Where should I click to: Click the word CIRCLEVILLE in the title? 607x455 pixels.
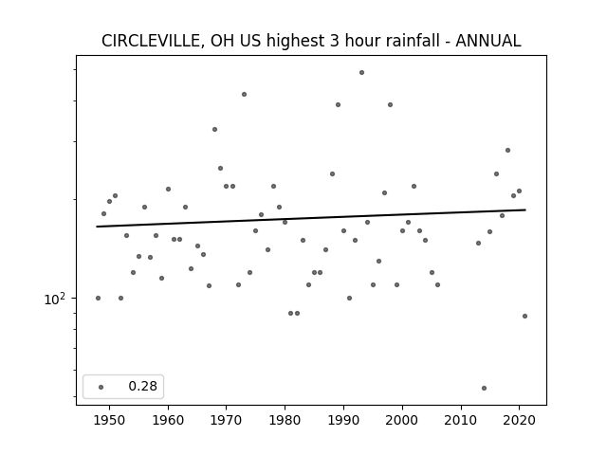[x=150, y=41]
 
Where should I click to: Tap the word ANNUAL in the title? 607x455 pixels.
[x=488, y=41]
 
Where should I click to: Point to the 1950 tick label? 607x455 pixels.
[x=110, y=420]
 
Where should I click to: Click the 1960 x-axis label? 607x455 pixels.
[x=168, y=420]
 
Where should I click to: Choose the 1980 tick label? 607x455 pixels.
[x=285, y=420]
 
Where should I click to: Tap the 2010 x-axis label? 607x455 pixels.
[x=461, y=420]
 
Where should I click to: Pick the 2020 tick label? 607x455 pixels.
[x=519, y=420]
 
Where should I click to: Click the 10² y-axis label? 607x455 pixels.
[x=55, y=300]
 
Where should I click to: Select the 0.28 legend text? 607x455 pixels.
[x=143, y=386]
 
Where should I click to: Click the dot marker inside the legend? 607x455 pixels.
[x=101, y=387]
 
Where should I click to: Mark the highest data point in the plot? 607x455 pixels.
[x=361, y=72]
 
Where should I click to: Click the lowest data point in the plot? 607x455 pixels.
[x=484, y=388]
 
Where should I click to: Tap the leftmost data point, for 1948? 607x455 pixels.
[x=98, y=298]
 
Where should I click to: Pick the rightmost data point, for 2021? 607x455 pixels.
[x=524, y=316]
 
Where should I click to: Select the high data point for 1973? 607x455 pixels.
[x=245, y=95]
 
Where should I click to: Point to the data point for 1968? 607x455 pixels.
[x=215, y=129]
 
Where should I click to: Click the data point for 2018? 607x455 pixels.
[x=508, y=150]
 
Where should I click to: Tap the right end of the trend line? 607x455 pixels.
[x=525, y=209]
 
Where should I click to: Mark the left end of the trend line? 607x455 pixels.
[x=97, y=227]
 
